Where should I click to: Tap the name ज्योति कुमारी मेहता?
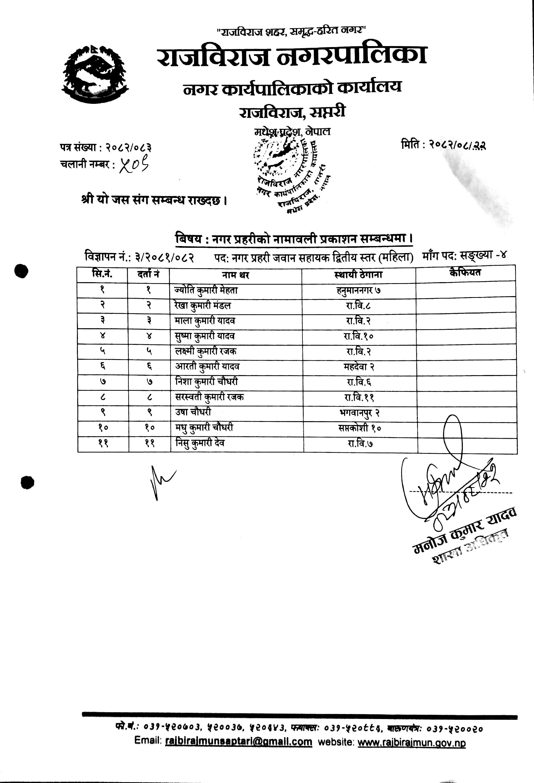[x=206, y=290]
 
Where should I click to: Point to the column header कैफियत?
[x=465, y=272]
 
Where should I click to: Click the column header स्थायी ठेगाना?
[x=358, y=275]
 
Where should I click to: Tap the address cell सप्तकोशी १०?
[x=359, y=428]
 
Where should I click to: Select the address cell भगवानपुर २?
[x=359, y=413]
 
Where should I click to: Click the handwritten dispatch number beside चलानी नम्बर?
[x=134, y=165]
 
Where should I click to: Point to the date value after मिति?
[x=457, y=145]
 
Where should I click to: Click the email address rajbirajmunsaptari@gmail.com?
[x=239, y=742]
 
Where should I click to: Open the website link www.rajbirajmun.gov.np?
[x=411, y=742]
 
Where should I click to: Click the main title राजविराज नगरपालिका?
[x=292, y=56]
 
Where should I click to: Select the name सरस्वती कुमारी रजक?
[x=209, y=397]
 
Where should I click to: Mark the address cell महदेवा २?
[x=359, y=367]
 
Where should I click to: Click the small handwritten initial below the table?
[x=161, y=482]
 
